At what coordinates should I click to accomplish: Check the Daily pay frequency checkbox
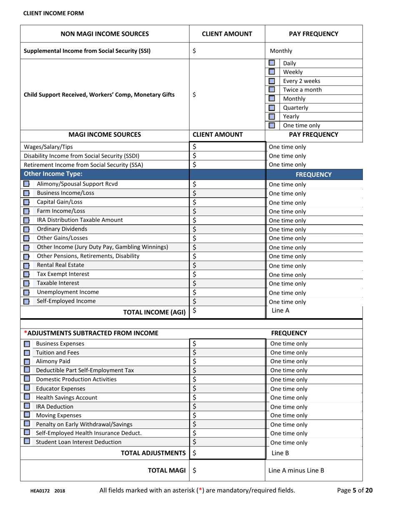(271, 64)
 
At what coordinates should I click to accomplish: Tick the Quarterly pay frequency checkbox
(271, 108)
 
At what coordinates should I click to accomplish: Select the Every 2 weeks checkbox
(271, 81)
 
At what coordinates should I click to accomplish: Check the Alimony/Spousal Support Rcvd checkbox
(26, 184)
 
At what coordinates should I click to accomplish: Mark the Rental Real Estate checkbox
(26, 265)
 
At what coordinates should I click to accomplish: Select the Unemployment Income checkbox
(26, 292)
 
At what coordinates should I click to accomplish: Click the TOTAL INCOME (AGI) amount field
(227, 311)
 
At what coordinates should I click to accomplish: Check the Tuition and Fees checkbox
(26, 353)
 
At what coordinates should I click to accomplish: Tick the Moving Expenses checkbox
(26, 415)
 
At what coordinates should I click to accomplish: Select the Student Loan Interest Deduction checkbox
(26, 442)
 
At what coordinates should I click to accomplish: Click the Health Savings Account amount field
(227, 397)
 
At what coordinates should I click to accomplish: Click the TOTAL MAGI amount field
(227, 470)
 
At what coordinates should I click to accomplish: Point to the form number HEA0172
(40, 491)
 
